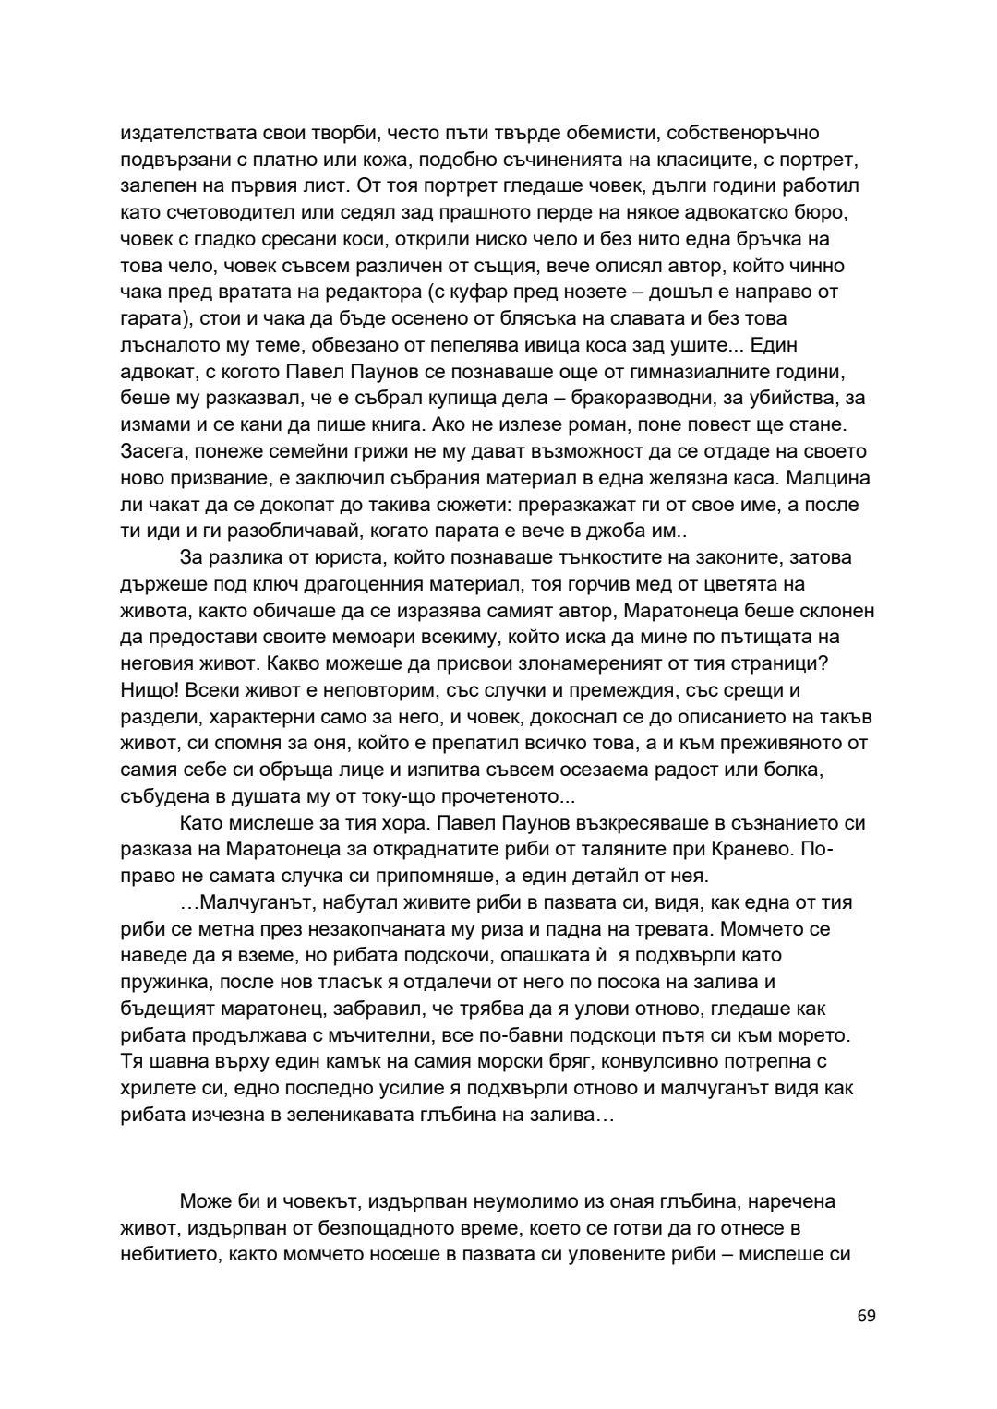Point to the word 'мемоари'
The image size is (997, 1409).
(360, 638)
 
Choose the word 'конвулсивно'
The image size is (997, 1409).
(674, 1062)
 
